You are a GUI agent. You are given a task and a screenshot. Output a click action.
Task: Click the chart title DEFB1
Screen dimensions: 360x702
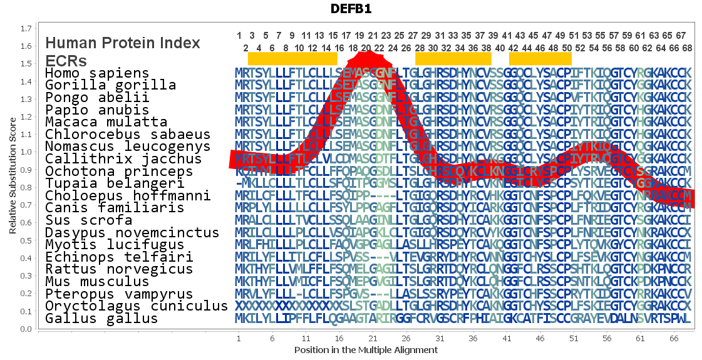351,10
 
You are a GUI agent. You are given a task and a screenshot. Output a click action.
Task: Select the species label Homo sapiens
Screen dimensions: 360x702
97,73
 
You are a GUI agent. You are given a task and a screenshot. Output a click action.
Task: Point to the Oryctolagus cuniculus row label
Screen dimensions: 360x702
136,306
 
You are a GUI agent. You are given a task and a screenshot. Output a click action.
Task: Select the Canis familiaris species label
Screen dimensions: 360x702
115,208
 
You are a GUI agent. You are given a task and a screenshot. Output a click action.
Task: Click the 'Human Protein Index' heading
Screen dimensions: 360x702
123,43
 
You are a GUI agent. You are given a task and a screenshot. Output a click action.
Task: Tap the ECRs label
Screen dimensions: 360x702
66,61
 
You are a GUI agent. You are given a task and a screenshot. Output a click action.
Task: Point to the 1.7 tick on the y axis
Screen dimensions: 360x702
26,29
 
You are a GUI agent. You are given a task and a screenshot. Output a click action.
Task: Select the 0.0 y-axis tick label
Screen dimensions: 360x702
26,329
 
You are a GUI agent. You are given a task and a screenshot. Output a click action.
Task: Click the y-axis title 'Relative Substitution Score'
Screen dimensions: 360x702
13,178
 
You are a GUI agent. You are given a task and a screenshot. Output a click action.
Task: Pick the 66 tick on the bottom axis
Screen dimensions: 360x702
674,339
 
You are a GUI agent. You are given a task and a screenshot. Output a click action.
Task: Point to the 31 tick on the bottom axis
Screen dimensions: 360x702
440,339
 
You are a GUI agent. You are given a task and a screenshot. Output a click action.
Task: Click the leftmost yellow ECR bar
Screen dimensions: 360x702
292,58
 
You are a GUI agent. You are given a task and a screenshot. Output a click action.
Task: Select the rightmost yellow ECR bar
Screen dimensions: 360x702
540,58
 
